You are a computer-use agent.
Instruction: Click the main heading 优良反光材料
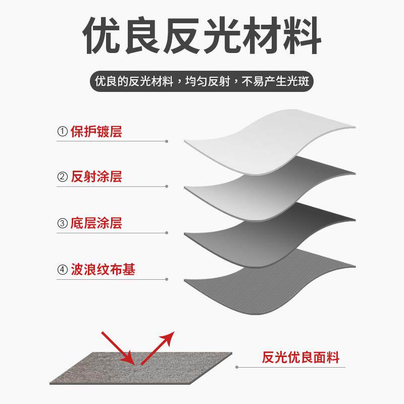pyautogui.click(x=202, y=36)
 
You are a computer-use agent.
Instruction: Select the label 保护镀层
pyautogui.click(x=96, y=132)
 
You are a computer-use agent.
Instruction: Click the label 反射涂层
pyautogui.click(x=96, y=177)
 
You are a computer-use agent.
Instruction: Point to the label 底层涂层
pyautogui.click(x=96, y=223)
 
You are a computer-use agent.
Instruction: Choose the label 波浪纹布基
pyautogui.click(x=103, y=270)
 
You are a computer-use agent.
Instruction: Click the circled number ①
pyautogui.click(x=63, y=132)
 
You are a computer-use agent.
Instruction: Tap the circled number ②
pyautogui.click(x=63, y=177)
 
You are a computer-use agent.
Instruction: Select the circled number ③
pyautogui.click(x=63, y=223)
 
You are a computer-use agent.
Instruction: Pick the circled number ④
pyautogui.click(x=63, y=270)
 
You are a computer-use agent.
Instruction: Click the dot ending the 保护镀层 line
pyautogui.click(x=167, y=141)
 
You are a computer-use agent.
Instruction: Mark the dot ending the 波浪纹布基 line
pyautogui.click(x=167, y=279)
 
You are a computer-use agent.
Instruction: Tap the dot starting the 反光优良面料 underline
pyautogui.click(x=238, y=367)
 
